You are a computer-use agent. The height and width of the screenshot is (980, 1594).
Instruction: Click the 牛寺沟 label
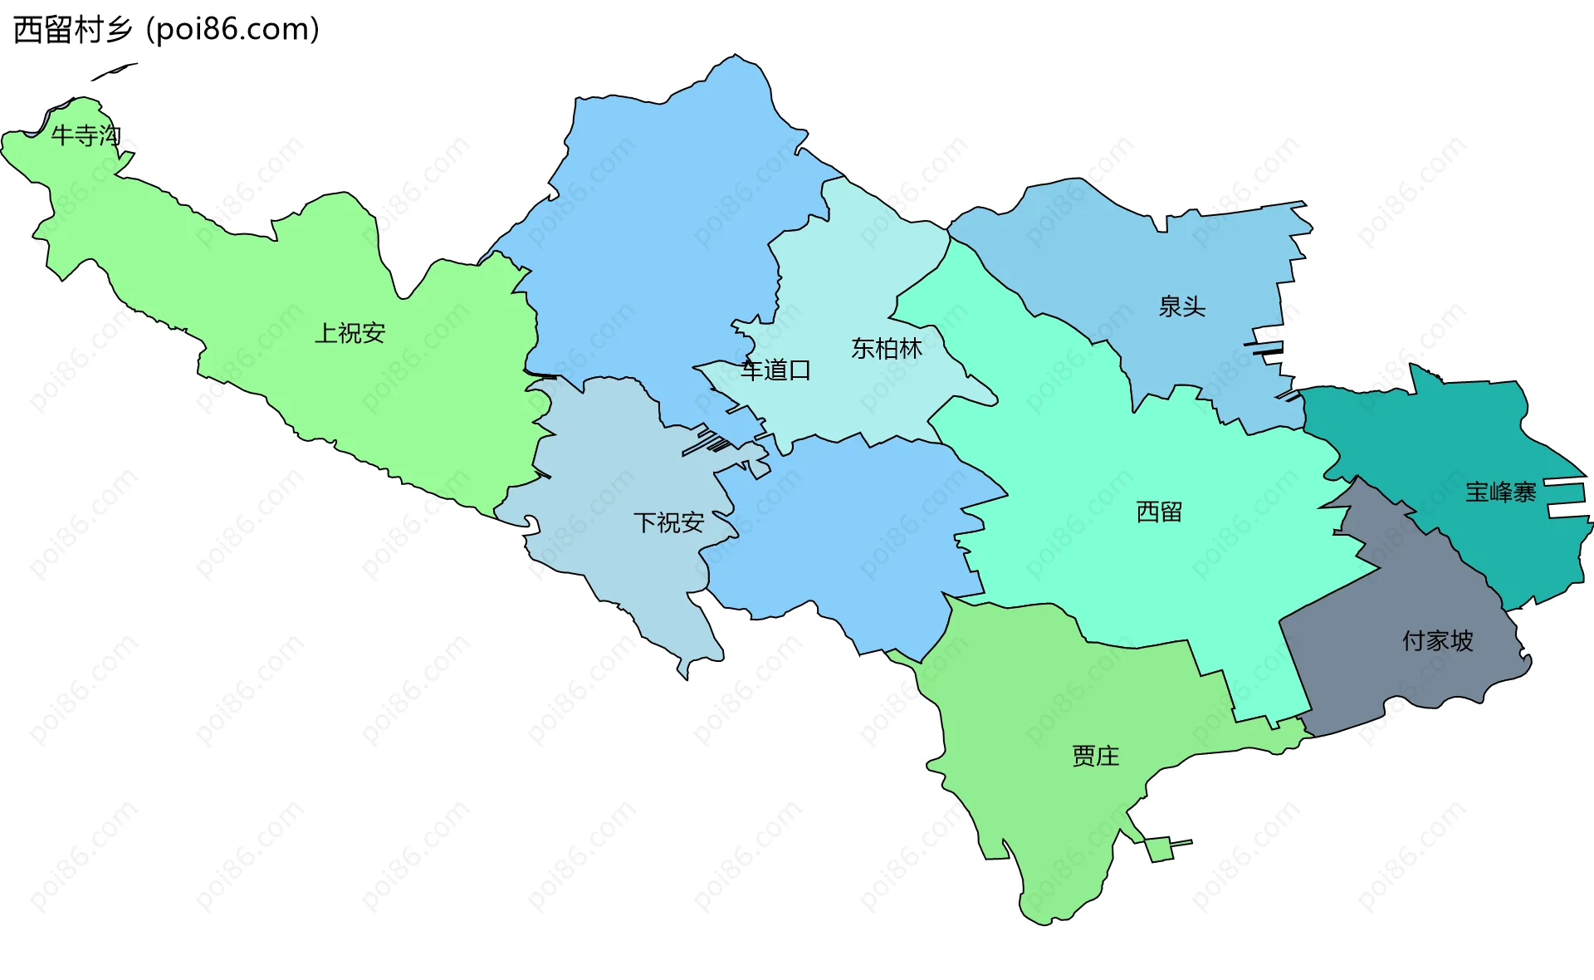tap(86, 135)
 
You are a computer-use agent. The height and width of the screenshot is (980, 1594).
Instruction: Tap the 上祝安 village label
tap(350, 333)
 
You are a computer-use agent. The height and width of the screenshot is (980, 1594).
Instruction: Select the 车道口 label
tap(775, 370)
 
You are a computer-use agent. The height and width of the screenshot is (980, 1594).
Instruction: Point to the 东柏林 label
tap(886, 349)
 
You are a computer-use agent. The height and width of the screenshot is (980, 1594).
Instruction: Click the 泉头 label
tap(1181, 306)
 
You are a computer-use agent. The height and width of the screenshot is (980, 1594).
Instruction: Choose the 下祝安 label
tap(668, 522)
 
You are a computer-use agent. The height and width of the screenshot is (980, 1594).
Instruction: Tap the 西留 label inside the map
tap(1159, 512)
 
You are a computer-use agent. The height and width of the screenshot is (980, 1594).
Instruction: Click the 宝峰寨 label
tap(1500, 492)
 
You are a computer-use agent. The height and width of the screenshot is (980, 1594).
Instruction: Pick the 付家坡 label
tap(1437, 640)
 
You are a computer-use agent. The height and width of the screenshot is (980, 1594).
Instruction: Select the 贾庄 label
tap(1095, 756)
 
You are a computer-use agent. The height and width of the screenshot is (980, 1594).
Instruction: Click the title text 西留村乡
tap(73, 30)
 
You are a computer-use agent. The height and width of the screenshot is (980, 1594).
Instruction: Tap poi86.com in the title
tap(232, 30)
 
